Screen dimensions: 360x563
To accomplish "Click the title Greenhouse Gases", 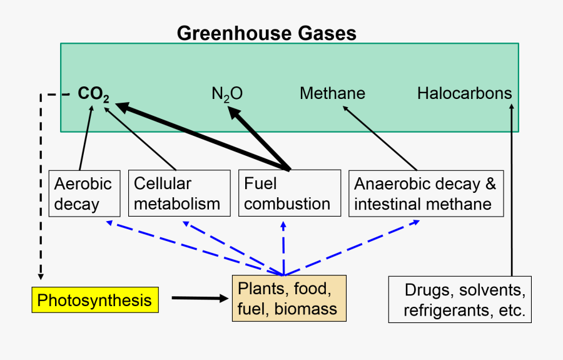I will coord(266,33).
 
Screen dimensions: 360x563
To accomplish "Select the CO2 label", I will coord(94,95).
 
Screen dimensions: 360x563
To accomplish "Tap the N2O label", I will coord(226,95).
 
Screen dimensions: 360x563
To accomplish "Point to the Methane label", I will coord(332,94).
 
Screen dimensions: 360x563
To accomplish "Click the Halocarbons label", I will coord(464,94).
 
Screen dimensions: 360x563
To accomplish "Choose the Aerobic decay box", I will coord(84,193).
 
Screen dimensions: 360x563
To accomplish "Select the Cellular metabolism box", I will coord(177,193).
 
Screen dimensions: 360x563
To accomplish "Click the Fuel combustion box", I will coord(289,193).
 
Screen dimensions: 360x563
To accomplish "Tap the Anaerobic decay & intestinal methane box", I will coord(425,193).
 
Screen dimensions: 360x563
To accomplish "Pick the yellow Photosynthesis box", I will coord(94,301).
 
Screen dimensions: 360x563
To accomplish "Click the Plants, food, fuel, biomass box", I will coord(289,299).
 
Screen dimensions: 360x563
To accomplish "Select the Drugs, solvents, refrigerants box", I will coord(460,299).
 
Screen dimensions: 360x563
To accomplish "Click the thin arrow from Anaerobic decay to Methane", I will coord(379,138).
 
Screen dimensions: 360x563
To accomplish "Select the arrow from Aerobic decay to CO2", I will coord(86,138).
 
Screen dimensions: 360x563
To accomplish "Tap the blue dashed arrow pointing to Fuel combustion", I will coord(283,247).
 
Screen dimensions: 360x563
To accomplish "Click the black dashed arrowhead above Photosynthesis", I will coord(41,274).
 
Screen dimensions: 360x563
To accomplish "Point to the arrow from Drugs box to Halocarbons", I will coord(512,188).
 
